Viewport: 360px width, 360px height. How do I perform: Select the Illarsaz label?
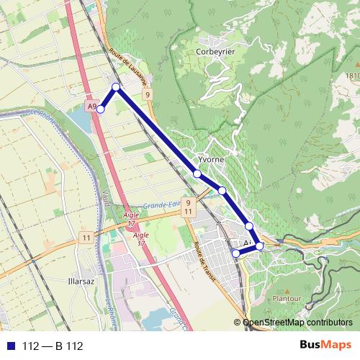coord(76,274)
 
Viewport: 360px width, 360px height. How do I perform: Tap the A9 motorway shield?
coord(91,107)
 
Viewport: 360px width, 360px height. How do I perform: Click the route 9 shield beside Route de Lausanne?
coord(147,94)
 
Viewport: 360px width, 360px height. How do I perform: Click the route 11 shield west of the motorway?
coord(86,238)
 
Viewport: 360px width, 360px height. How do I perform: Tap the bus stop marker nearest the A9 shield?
coord(101,109)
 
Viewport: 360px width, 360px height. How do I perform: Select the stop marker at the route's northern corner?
coord(116,86)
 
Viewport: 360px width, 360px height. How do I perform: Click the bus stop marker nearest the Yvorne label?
coord(197,174)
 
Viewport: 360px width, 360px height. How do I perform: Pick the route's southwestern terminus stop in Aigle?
coord(235,253)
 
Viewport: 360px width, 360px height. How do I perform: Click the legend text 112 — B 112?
coord(53,346)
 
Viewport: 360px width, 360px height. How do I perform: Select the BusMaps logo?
coord(323,346)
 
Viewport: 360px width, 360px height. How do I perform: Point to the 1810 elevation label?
coord(351,76)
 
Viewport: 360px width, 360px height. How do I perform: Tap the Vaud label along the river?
coord(107,199)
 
